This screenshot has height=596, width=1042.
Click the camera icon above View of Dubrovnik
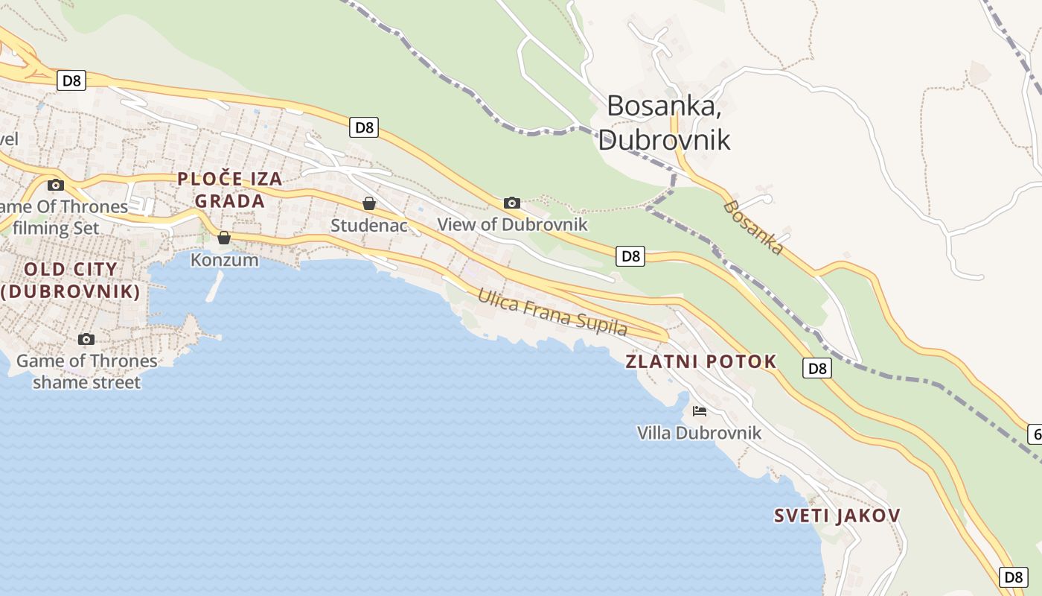pos(511,203)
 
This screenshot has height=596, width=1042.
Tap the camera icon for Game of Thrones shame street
pos(86,340)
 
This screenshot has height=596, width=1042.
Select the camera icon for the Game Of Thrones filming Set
pos(55,185)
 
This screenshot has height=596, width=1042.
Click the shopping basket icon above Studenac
pos(368,203)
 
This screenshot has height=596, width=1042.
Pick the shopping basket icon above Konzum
pos(223,238)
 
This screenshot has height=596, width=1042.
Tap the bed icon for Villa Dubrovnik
pos(699,410)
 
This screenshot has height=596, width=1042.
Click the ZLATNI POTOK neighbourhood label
pos(700,362)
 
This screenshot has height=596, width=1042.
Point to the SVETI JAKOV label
pos(837,516)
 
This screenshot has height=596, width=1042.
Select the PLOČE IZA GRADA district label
pos(229,190)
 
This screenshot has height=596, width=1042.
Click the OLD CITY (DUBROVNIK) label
pos(71,280)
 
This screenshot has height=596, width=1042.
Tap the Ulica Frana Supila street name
pos(552,311)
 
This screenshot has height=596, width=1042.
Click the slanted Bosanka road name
pos(753,227)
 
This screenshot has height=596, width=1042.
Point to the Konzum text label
pos(224,260)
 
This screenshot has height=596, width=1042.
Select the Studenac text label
pos(368,225)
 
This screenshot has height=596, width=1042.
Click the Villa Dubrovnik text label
pos(699,433)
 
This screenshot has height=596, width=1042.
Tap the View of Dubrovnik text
pos(512,224)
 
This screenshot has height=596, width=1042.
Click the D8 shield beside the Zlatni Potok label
pos(817,367)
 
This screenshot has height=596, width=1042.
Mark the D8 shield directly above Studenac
pos(364,127)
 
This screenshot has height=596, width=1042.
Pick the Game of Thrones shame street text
pos(86,372)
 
